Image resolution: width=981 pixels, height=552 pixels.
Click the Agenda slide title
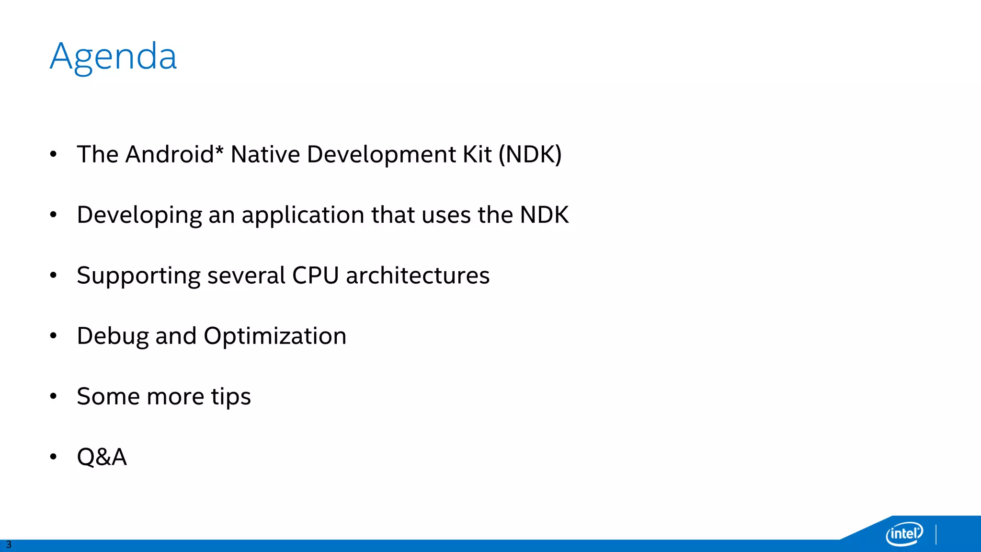coord(113,57)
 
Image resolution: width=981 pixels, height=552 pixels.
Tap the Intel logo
coord(904,533)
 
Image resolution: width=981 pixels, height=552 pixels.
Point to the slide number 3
coord(9,544)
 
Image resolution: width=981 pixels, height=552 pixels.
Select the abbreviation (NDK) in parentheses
coord(530,154)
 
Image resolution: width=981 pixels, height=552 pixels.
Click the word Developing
coord(139,215)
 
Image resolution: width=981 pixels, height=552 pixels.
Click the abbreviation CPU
coord(315,276)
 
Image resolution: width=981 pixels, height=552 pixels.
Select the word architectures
coord(418,276)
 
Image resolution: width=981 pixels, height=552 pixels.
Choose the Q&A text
coord(102,457)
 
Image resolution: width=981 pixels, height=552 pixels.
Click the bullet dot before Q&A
coord(53,457)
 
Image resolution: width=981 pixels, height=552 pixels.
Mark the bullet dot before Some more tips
coord(53,396)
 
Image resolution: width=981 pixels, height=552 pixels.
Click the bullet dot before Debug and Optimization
coord(53,336)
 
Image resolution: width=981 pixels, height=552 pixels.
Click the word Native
coord(265,154)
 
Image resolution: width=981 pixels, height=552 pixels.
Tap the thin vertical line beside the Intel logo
coord(936,534)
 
